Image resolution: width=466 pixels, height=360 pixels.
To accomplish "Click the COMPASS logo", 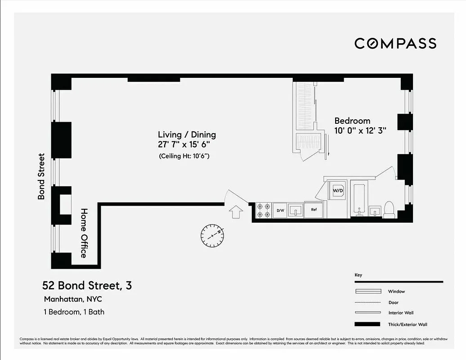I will (x=395, y=43).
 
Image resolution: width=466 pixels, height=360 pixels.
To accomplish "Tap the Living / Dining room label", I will (x=187, y=135).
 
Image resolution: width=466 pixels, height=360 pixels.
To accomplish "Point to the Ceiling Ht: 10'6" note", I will (x=185, y=156).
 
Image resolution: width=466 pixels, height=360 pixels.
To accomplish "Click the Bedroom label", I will (x=352, y=121).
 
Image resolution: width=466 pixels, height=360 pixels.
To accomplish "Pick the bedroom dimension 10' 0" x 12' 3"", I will (x=360, y=130).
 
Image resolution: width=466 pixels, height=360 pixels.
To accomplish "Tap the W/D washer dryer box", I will (x=338, y=190).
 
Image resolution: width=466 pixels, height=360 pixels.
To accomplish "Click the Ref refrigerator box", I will (x=313, y=210).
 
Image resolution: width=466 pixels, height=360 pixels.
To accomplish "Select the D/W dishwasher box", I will (x=280, y=210).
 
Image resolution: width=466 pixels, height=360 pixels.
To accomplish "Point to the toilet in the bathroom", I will (x=389, y=210).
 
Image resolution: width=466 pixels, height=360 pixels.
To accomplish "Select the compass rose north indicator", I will (x=212, y=235).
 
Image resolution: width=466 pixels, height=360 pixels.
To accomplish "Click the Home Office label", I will (x=84, y=233).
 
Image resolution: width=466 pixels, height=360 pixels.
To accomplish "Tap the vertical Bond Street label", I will (x=41, y=176).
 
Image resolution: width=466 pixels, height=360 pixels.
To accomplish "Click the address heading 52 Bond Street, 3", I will (x=87, y=285).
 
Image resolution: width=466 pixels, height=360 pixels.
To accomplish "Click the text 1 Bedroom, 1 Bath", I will (x=74, y=311).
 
